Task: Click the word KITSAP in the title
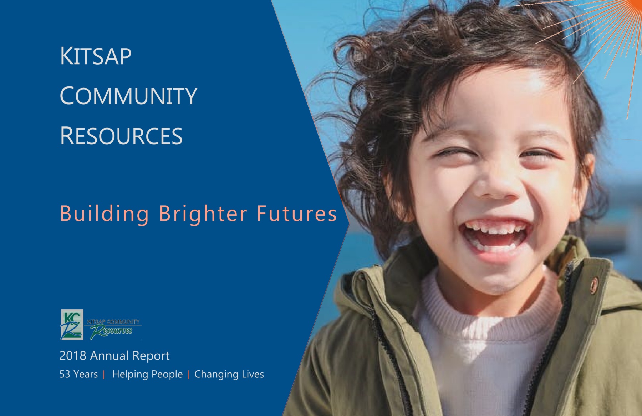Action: pos(96,56)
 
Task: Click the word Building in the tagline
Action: pos(104,214)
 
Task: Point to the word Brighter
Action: pos(203,214)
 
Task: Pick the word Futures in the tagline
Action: pos(297,214)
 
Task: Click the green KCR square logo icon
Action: pos(72,325)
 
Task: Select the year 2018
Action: pos(73,356)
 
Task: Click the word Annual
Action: pos(109,356)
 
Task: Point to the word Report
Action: pos(151,356)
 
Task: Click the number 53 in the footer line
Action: pos(65,374)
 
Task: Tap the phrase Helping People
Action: pos(147,375)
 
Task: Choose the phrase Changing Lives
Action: pos(229,375)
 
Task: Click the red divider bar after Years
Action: pos(103,375)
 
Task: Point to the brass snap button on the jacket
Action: pos(593,285)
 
